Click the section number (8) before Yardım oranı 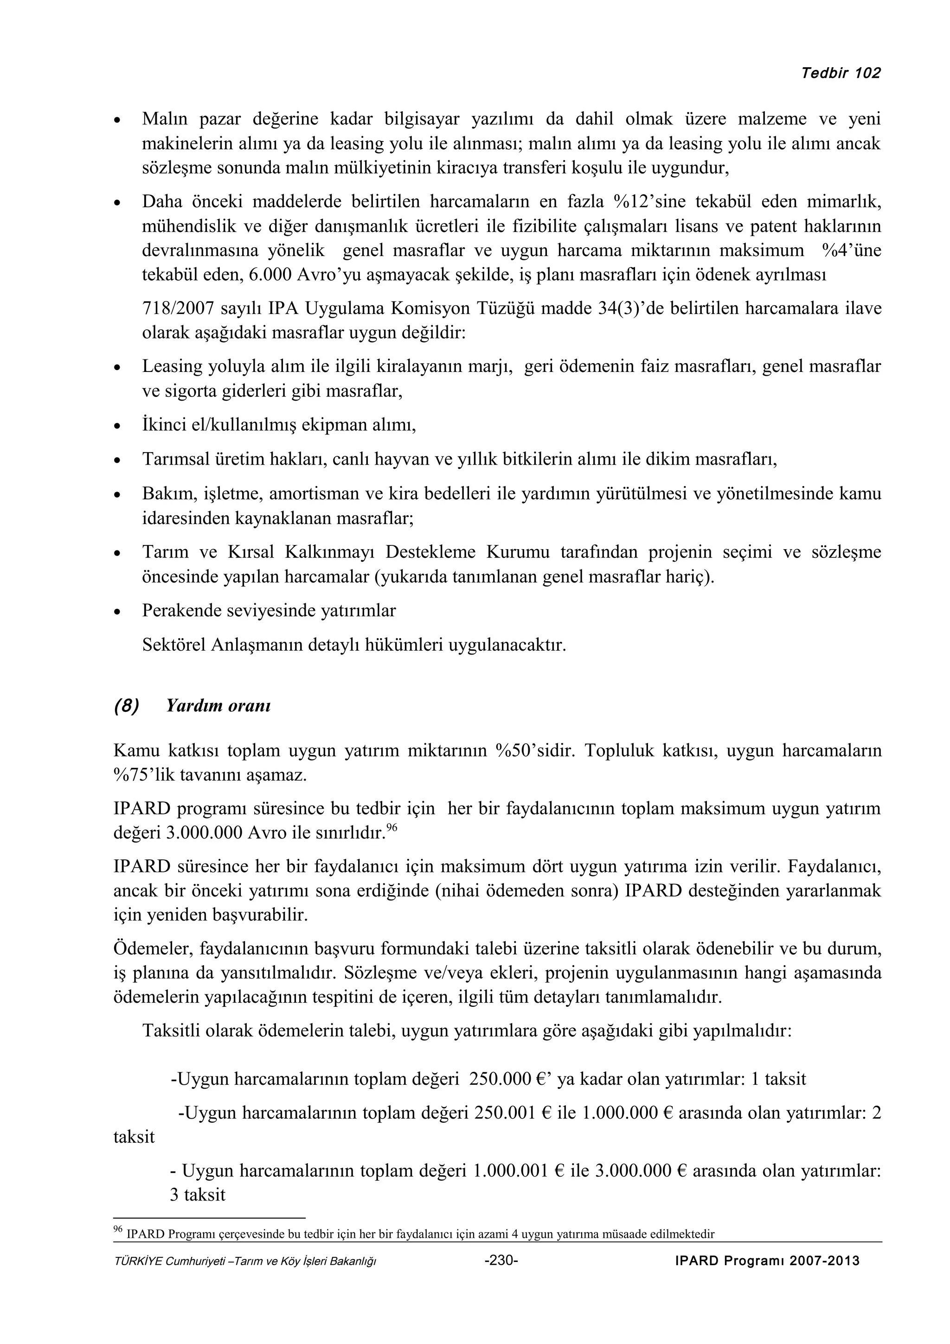127,705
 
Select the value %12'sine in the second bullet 649,202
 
